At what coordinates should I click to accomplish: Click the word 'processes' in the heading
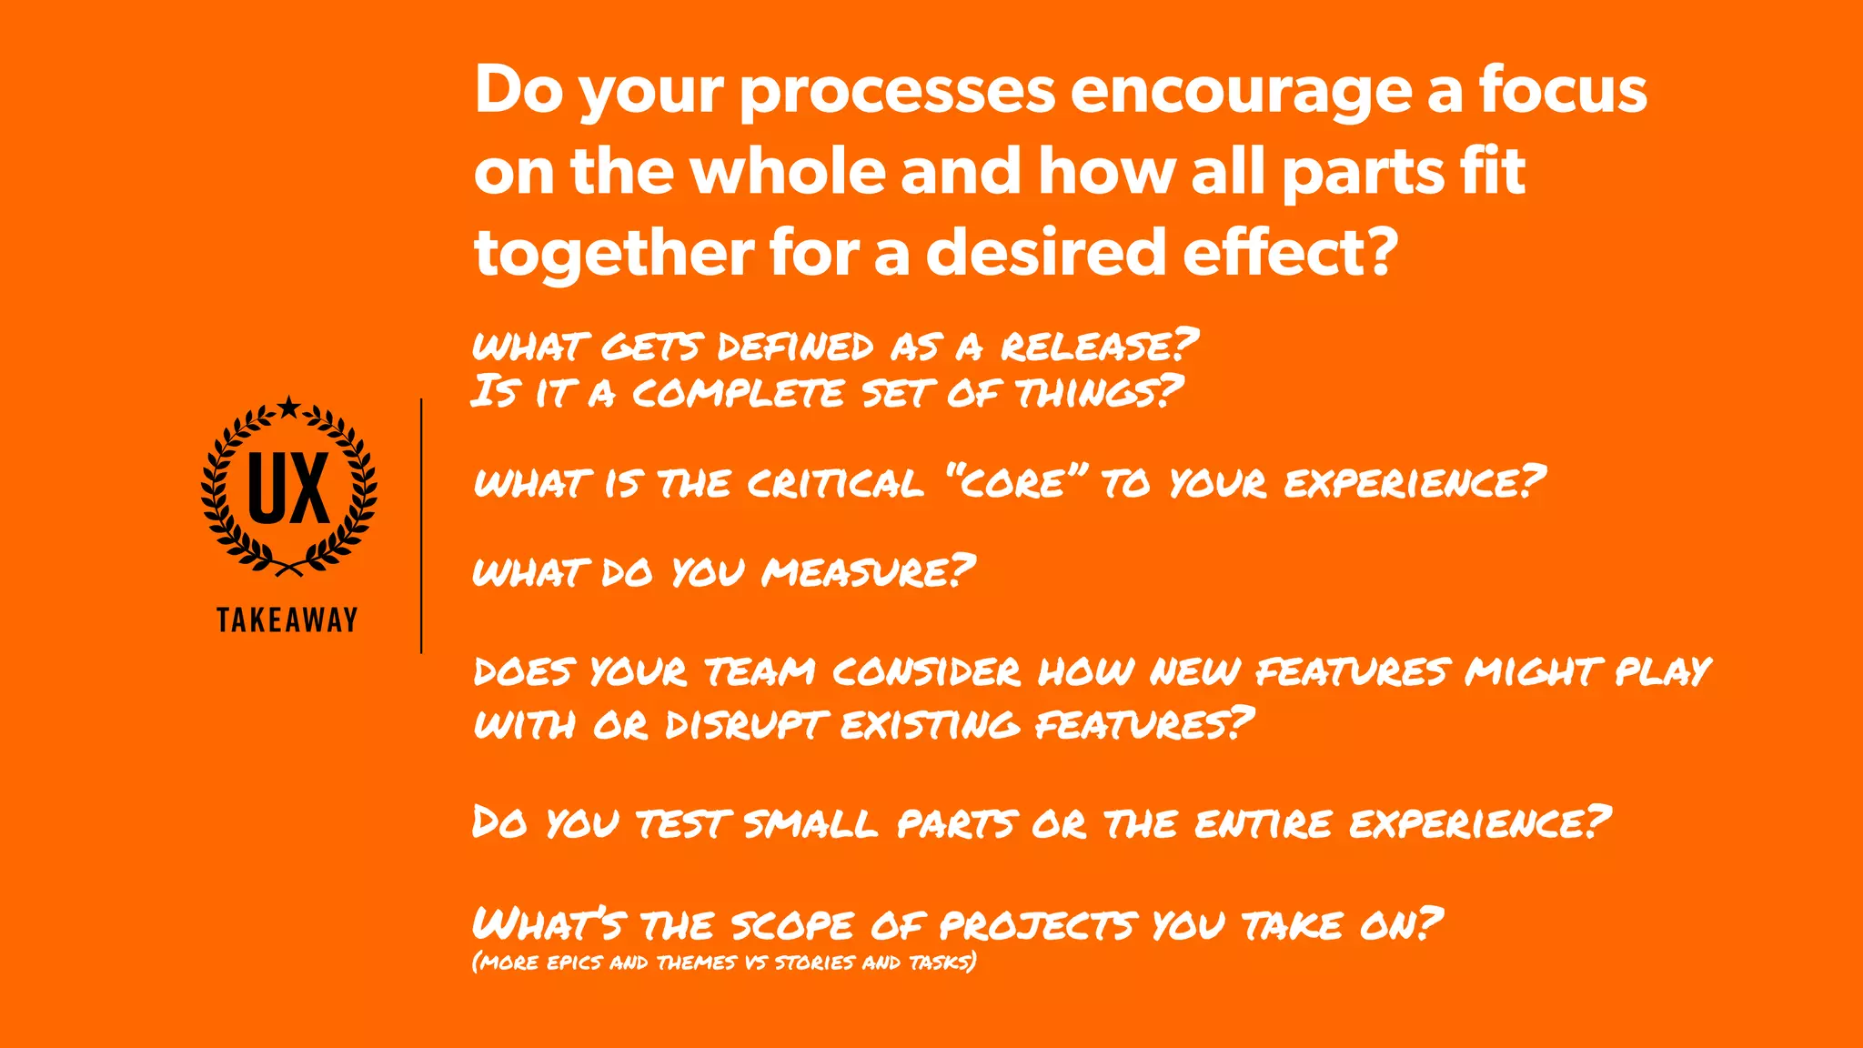tap(897, 92)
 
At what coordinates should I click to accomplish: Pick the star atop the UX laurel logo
tap(289, 408)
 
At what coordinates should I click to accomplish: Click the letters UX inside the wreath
tap(288, 489)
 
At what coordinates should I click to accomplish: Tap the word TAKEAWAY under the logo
tap(287, 620)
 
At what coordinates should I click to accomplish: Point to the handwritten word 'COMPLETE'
tap(738, 393)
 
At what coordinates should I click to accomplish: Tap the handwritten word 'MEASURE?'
tap(869, 572)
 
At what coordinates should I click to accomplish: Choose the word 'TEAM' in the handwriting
tap(760, 672)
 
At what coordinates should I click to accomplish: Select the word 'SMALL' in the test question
tap(811, 824)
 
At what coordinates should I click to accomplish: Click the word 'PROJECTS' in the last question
tap(1036, 925)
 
